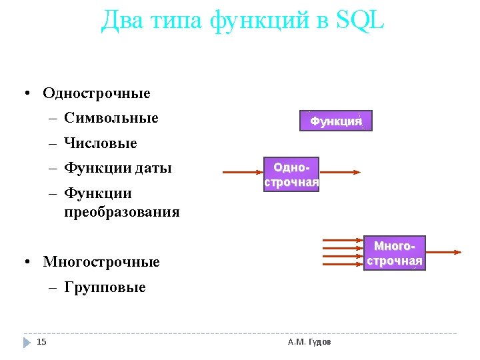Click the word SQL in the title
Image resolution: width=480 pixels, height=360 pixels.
click(x=361, y=21)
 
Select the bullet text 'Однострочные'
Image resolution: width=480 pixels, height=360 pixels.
click(x=97, y=93)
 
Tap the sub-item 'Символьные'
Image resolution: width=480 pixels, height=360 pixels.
click(x=111, y=119)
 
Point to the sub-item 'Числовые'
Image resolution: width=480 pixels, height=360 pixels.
click(x=101, y=143)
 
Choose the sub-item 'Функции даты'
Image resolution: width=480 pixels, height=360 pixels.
click(x=118, y=168)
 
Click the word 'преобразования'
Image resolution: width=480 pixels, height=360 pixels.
click(x=122, y=213)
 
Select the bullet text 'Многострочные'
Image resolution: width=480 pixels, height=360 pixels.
click(x=101, y=262)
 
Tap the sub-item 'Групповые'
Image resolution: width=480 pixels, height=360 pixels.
click(x=105, y=288)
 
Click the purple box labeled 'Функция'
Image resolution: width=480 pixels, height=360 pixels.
click(x=335, y=121)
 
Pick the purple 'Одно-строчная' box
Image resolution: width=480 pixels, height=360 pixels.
click(x=291, y=174)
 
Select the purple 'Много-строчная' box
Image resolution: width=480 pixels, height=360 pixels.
click(x=395, y=253)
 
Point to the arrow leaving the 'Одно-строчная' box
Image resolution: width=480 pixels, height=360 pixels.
click(x=340, y=173)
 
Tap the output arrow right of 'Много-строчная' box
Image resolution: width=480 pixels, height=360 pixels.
click(x=443, y=253)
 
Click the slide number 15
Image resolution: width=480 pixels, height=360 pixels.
click(x=41, y=342)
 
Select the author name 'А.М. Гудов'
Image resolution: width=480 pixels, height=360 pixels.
click(x=309, y=342)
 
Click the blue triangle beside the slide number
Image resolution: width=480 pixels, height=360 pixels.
click(x=27, y=342)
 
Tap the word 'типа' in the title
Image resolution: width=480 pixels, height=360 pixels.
click(x=175, y=21)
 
